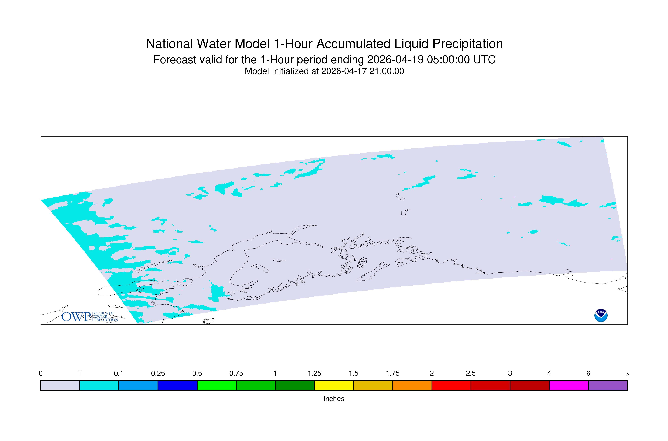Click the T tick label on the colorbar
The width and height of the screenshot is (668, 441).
pos(80,374)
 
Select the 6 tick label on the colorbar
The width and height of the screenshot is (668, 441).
pos(588,374)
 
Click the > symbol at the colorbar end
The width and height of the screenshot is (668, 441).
pos(627,374)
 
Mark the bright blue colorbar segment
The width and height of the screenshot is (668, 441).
pos(138,386)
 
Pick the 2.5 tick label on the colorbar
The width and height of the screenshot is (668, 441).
pos(471,374)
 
